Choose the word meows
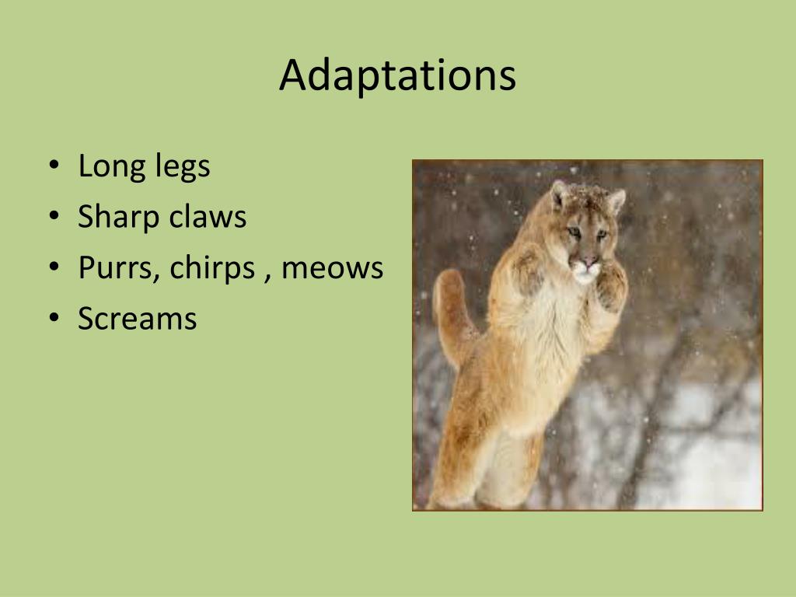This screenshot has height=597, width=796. tap(332, 268)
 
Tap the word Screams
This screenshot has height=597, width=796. tap(138, 319)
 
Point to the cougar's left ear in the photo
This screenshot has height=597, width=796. tap(558, 194)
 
